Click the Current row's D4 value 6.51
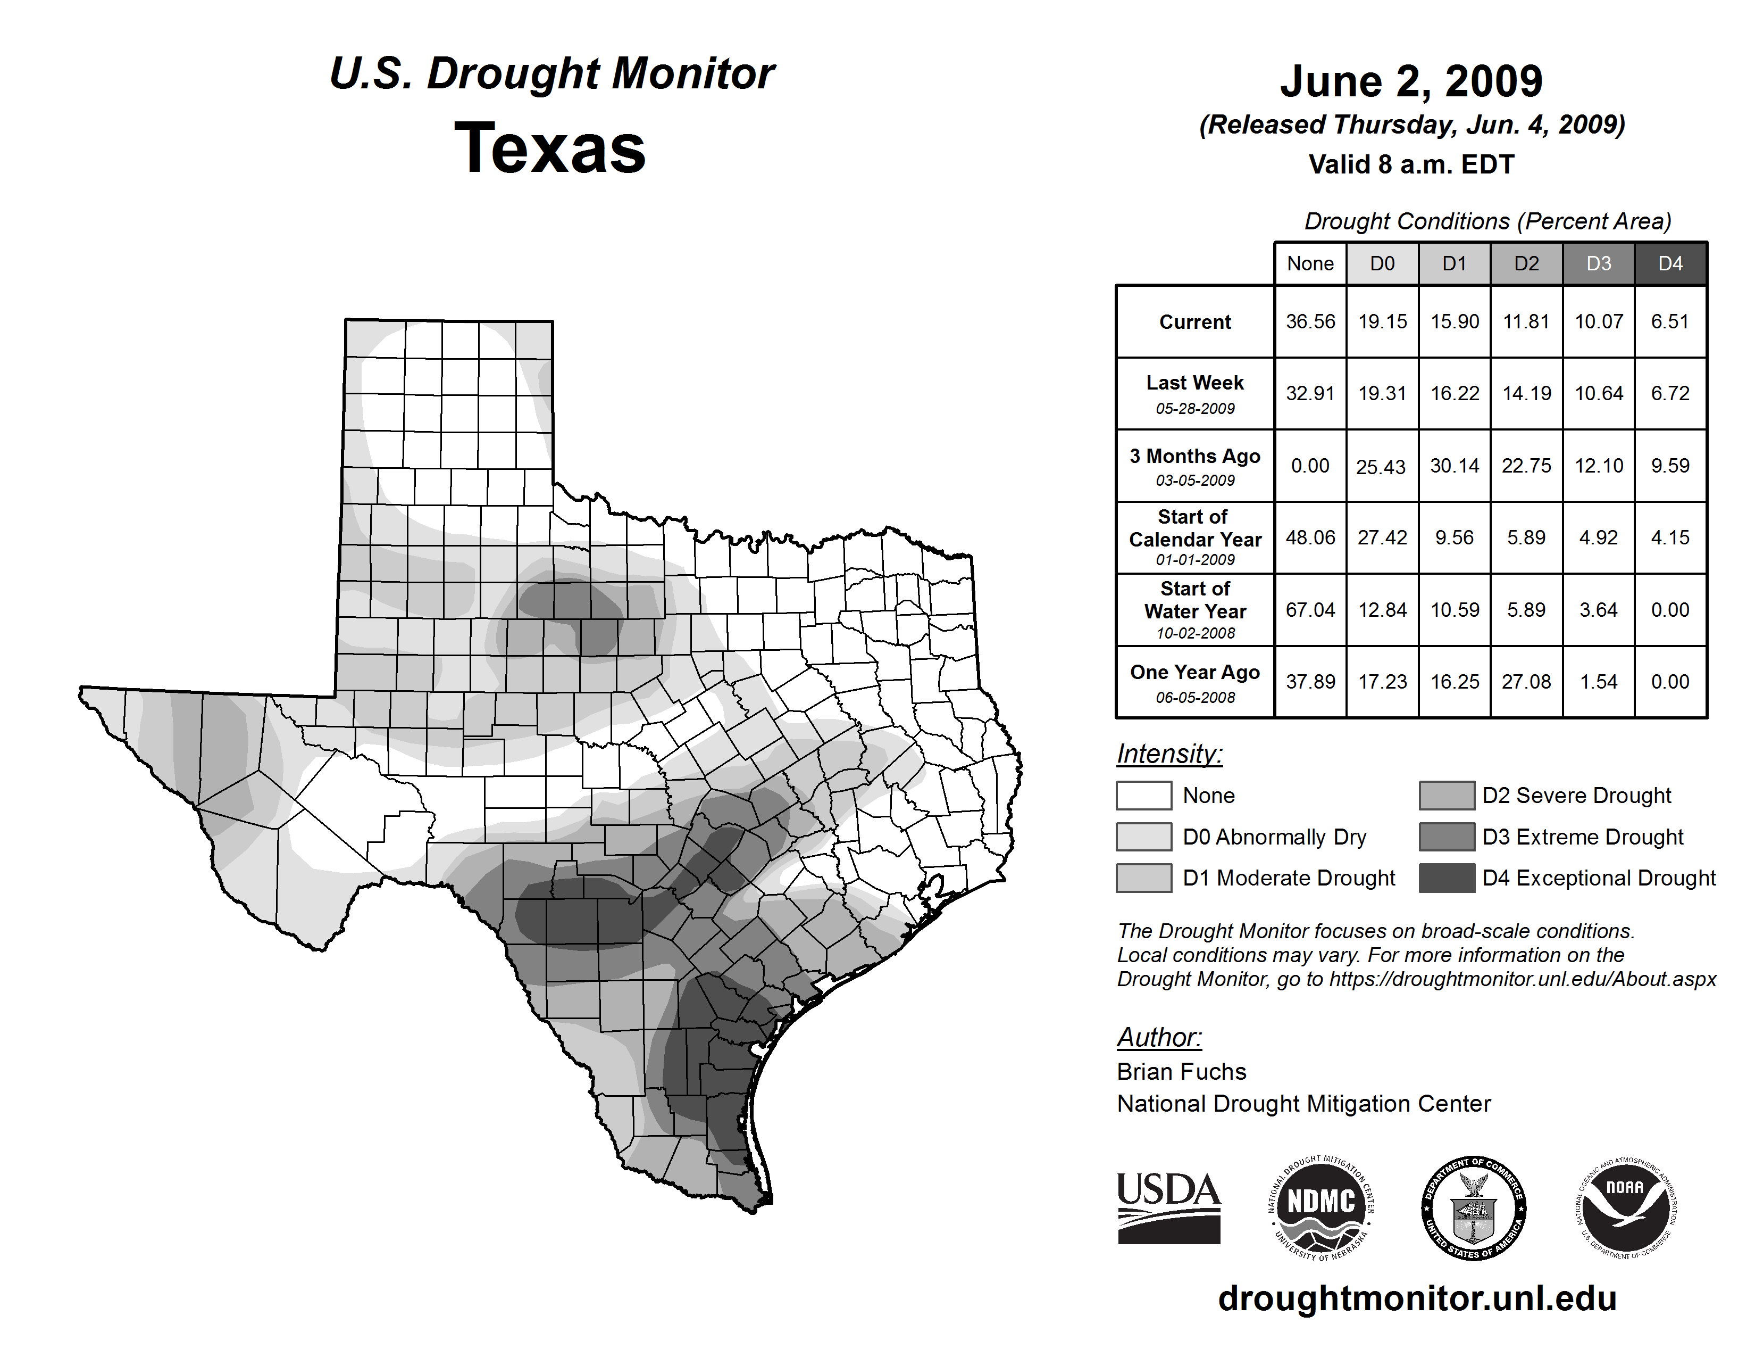pyautogui.click(x=1670, y=321)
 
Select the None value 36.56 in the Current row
pyautogui.click(x=1310, y=321)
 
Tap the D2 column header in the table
pyautogui.click(x=1526, y=263)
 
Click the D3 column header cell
pyautogui.click(x=1598, y=263)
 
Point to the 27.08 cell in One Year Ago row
pyautogui.click(x=1526, y=682)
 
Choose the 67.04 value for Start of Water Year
pyautogui.click(x=1310, y=610)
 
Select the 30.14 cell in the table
pyautogui.click(x=1455, y=466)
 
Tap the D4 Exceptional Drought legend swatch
pyautogui.click(x=1447, y=878)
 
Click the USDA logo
pyautogui.click(x=1168, y=1207)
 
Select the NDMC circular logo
pyautogui.click(x=1321, y=1207)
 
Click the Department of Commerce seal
pyautogui.click(x=1474, y=1207)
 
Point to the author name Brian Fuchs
pyautogui.click(x=1181, y=1072)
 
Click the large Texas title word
pyautogui.click(x=550, y=148)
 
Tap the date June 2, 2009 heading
pyautogui.click(x=1411, y=81)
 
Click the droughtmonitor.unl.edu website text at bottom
pyautogui.click(x=1417, y=1299)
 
